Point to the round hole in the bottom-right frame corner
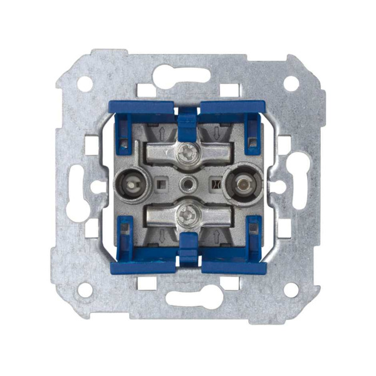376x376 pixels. click(x=291, y=289)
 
